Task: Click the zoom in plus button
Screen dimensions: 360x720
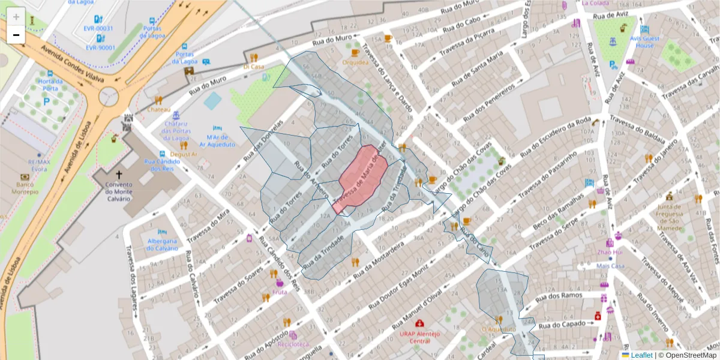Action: [16, 16]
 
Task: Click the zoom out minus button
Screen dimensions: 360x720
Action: [16, 34]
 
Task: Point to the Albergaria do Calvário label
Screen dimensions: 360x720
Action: [162, 244]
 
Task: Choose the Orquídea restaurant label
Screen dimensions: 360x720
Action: [355, 62]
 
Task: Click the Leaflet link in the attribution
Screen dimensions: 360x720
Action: [641, 355]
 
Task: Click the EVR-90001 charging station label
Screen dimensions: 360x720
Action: [100, 47]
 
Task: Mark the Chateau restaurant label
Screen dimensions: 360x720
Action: [159, 110]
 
